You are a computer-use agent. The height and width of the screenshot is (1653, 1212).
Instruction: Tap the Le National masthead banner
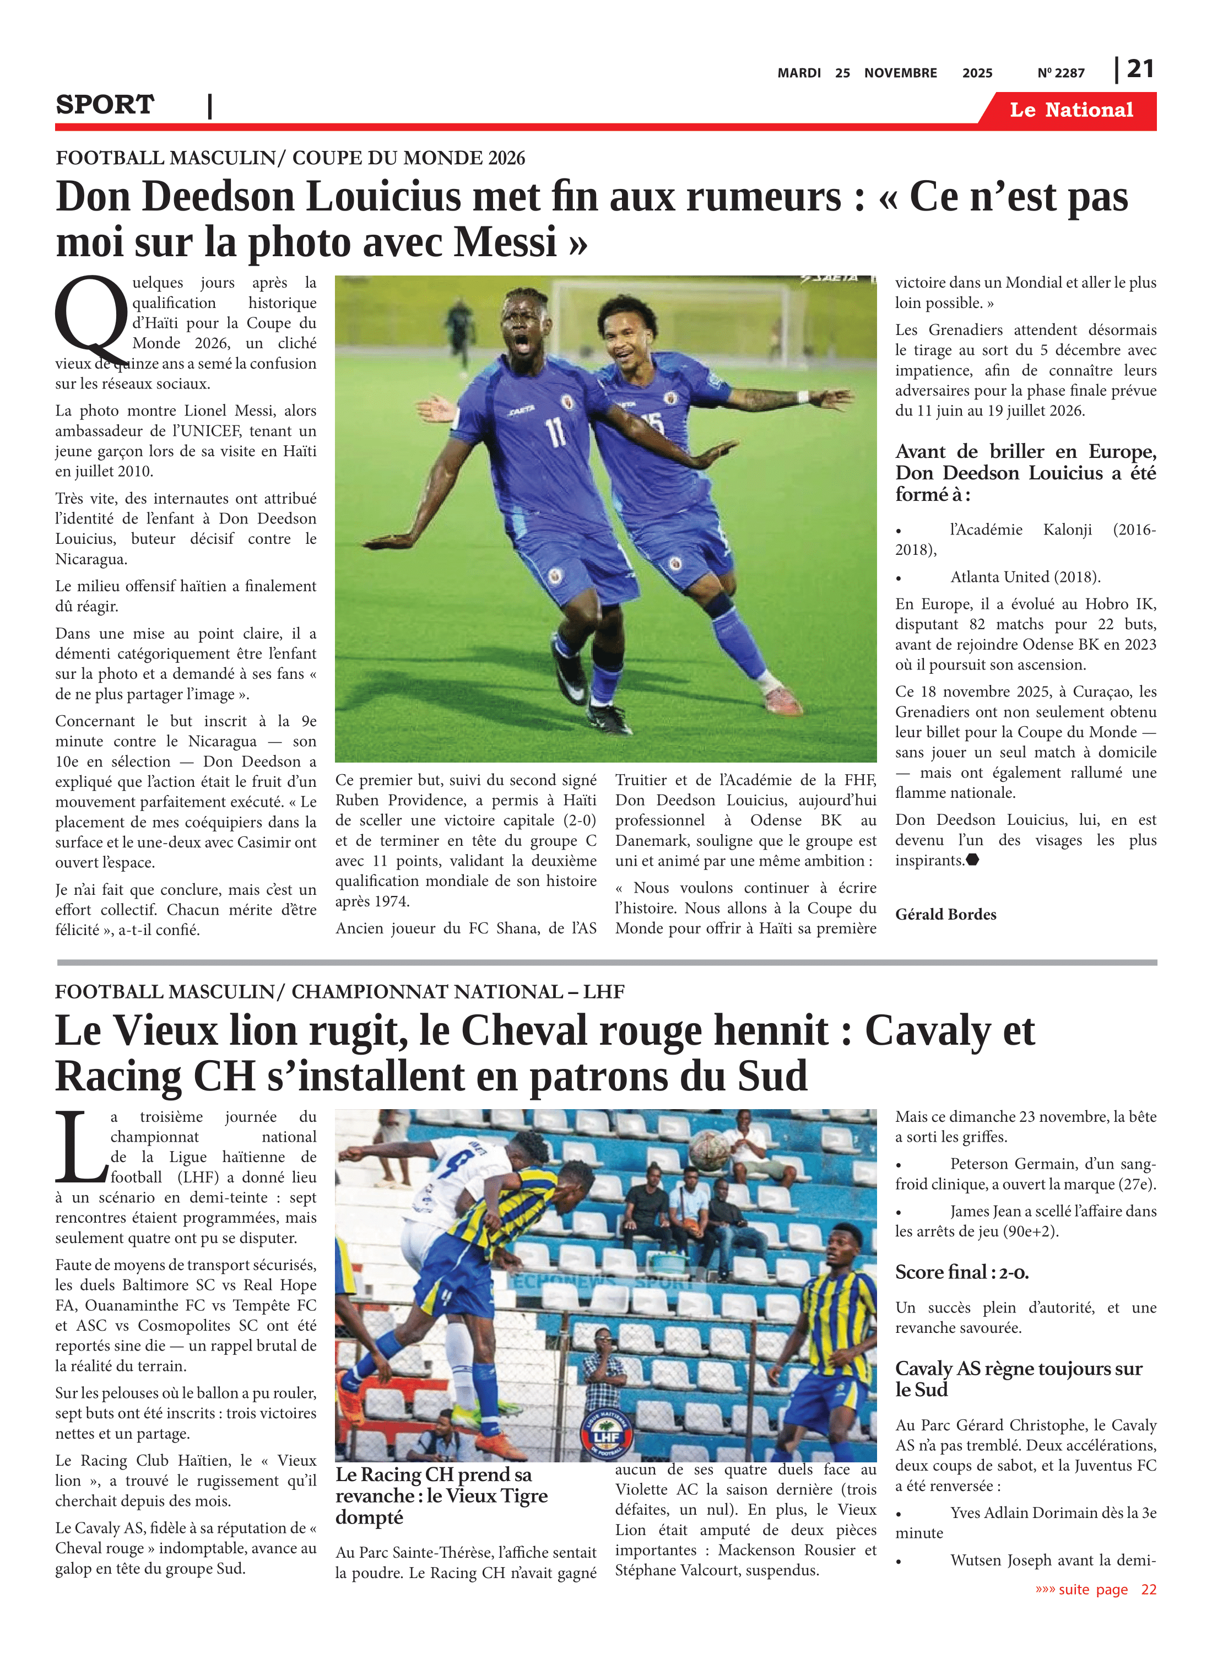point(1070,110)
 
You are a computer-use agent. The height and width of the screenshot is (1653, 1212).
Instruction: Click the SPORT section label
point(105,105)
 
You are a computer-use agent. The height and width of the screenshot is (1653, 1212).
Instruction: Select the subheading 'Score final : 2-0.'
point(961,1272)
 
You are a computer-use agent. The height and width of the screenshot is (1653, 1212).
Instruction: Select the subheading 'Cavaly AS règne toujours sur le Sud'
point(1018,1378)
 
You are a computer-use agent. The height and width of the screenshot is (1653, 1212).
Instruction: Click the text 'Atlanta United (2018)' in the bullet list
point(1025,577)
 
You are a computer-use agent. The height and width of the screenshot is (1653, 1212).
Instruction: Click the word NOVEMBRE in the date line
point(900,73)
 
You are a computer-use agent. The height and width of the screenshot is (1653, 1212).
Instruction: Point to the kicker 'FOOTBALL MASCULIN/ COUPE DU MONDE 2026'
point(290,158)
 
